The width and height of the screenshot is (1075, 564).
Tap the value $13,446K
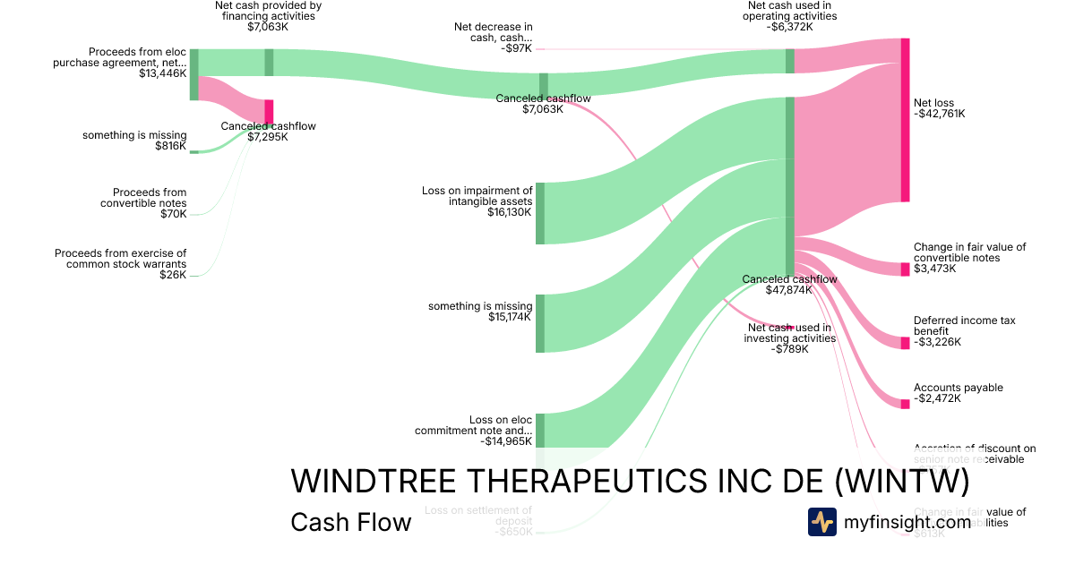coord(163,73)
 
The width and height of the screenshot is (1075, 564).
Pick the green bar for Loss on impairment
coord(540,213)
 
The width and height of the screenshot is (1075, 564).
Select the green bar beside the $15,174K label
coord(540,323)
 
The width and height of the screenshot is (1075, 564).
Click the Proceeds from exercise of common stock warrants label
coord(120,259)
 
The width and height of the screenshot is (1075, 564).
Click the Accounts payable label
coord(958,388)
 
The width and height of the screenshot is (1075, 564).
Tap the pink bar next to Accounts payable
coord(905,404)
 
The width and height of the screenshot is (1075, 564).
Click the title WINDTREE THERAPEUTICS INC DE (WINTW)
coord(630,482)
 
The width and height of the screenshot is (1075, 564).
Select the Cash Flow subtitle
coord(350,522)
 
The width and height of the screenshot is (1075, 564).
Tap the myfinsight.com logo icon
coord(821,522)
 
